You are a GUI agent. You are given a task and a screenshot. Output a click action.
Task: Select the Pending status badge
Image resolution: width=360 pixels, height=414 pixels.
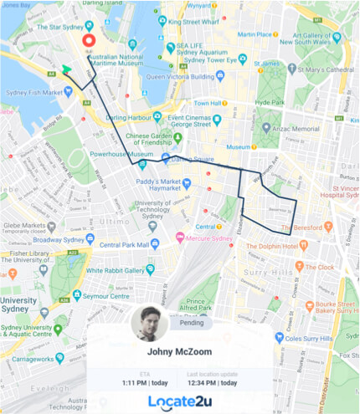tap(192, 321)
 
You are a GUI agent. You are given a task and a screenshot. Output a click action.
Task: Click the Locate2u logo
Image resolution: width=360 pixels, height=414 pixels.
tap(180, 401)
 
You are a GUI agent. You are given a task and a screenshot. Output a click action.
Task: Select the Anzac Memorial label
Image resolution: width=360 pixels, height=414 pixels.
tap(296, 129)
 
